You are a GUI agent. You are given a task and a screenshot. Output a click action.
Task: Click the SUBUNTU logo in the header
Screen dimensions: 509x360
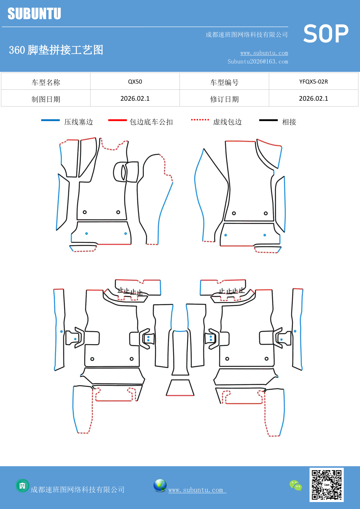coord(34,14)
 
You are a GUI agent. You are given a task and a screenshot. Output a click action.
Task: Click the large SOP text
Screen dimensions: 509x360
coord(326,34)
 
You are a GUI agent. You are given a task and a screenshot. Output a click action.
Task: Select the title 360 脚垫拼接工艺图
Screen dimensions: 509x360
coord(56,50)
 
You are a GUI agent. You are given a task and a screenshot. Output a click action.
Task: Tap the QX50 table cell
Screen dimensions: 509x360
coord(135,82)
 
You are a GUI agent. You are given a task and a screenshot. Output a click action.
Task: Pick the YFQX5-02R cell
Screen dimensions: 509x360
coord(313,82)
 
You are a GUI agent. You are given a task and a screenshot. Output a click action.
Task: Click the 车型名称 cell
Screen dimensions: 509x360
coord(46,82)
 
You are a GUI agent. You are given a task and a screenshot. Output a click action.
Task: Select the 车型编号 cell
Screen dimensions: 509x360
coord(224,82)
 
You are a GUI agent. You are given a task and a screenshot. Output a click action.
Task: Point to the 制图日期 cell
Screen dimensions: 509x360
coord(46,99)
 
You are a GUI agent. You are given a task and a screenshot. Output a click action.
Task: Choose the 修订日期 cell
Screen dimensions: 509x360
coord(224,99)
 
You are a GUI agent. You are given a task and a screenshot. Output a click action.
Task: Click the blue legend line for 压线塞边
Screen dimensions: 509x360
coord(50,120)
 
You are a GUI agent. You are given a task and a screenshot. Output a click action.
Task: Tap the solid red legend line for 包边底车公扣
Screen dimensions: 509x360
coord(117,120)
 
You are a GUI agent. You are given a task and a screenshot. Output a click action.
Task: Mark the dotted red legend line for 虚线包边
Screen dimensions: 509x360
coord(200,120)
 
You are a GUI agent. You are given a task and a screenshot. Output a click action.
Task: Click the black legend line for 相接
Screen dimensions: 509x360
coord(268,120)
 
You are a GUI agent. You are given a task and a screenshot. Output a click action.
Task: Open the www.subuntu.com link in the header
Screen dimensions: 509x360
coord(264,53)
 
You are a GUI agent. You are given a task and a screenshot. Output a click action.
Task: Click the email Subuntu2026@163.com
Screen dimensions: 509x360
coord(258,62)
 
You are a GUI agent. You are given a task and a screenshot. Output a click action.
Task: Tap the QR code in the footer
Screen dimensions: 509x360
coord(326,485)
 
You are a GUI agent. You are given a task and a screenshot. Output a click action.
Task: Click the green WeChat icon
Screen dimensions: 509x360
coord(296,485)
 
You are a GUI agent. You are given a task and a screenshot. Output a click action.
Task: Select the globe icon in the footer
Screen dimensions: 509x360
coord(160,485)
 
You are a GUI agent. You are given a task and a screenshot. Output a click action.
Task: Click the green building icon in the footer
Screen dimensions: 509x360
coord(22,485)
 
